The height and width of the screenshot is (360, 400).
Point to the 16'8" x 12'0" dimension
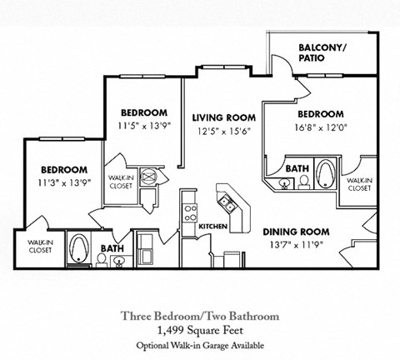[x=318, y=127]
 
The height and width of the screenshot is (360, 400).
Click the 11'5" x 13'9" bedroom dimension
[x=143, y=126]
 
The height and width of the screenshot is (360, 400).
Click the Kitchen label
[x=212, y=225]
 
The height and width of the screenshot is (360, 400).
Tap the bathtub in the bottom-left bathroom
[x=81, y=247]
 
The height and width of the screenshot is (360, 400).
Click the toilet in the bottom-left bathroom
[x=100, y=259]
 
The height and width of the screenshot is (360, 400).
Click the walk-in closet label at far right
[x=357, y=184]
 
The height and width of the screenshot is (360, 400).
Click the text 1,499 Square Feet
[x=199, y=330]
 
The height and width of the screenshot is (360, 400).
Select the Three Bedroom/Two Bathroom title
[x=199, y=316]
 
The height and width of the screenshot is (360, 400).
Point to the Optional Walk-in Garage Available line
[x=199, y=344]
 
